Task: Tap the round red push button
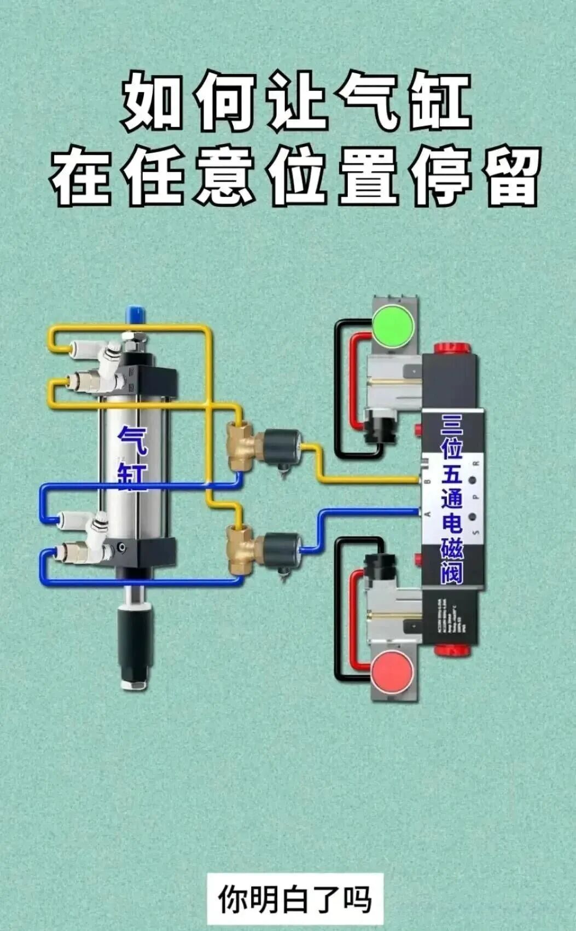tap(392, 669)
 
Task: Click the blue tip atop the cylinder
tap(135, 315)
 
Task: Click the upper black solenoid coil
tap(282, 446)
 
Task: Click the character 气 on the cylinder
tap(133, 441)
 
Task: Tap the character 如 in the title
tap(150, 102)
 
